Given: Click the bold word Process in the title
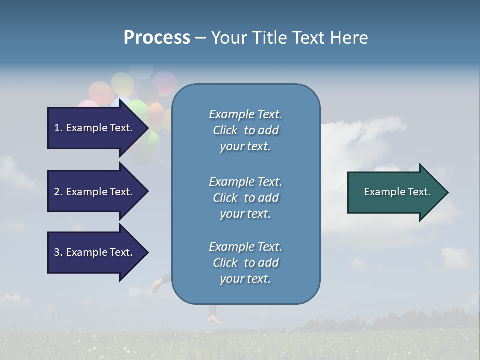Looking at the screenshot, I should [x=157, y=38].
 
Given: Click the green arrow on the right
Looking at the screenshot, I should [x=395, y=192].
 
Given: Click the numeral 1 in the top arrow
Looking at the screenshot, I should [x=57, y=128].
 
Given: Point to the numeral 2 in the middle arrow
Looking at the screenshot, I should [x=57, y=192].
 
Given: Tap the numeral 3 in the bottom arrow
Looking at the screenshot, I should [x=57, y=252].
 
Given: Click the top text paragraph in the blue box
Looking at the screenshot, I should [x=245, y=130].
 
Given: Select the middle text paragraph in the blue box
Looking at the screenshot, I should [x=245, y=197].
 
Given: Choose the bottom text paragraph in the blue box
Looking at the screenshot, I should [x=245, y=263].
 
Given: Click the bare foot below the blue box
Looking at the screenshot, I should [x=215, y=318].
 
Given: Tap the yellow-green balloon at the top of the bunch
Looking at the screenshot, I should [x=121, y=83].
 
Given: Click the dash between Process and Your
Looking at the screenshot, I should [x=201, y=38].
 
